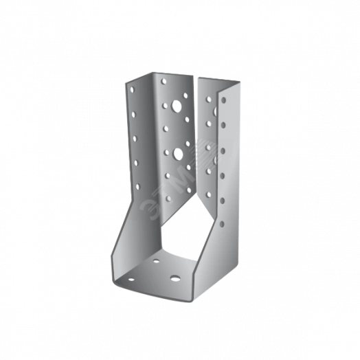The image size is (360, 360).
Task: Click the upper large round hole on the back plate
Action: click(177, 107)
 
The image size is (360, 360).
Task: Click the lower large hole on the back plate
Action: click(177, 153)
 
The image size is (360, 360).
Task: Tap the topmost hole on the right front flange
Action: click(224, 100)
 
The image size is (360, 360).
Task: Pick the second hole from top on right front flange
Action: click(224, 125)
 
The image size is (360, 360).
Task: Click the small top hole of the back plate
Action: click(163, 81)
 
